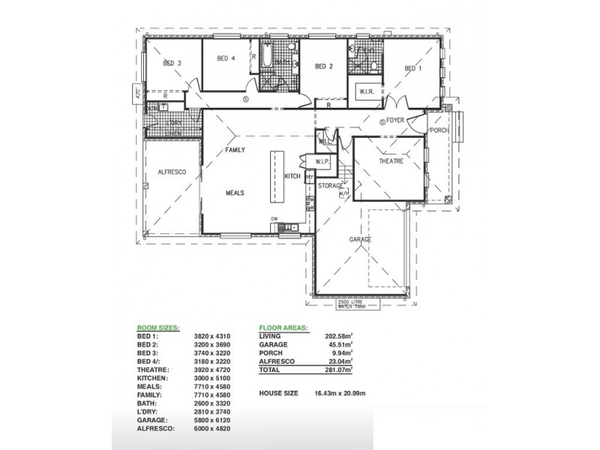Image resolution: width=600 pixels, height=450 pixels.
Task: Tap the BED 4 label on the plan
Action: click(x=226, y=58)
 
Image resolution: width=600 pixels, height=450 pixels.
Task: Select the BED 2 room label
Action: click(x=323, y=66)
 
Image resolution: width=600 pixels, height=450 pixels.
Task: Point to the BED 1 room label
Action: click(x=413, y=69)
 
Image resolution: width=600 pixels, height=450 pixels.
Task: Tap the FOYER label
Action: click(x=395, y=119)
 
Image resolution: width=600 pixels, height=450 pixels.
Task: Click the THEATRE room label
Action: click(x=391, y=161)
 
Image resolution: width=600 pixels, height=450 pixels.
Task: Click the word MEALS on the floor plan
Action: click(x=235, y=193)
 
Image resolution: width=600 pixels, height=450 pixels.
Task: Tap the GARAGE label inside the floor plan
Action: click(x=360, y=239)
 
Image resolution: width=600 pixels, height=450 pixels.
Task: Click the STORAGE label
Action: click(x=330, y=184)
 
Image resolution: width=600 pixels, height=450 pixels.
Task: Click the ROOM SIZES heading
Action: click(x=157, y=328)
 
